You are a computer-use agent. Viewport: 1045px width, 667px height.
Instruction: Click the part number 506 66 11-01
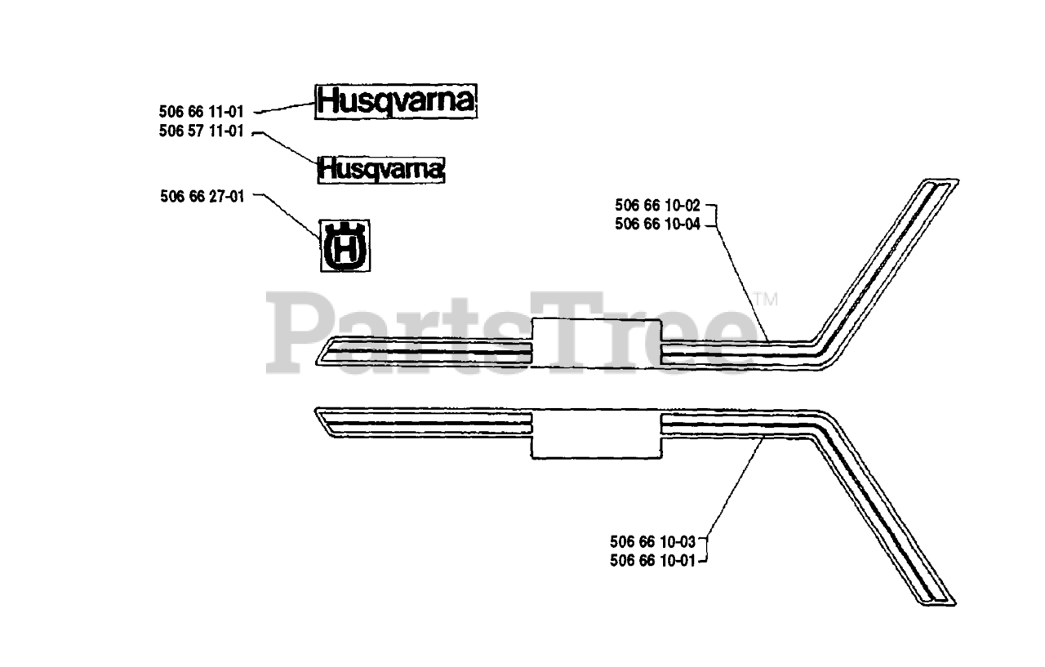(x=201, y=112)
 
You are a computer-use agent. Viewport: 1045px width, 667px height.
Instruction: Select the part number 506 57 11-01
(x=201, y=131)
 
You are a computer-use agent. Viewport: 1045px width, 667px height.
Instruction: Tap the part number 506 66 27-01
(x=202, y=195)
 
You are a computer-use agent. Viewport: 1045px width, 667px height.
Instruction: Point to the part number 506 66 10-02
(x=657, y=206)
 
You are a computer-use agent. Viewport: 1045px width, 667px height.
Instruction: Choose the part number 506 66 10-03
(x=652, y=540)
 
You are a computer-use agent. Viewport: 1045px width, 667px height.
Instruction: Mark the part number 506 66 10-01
(x=652, y=560)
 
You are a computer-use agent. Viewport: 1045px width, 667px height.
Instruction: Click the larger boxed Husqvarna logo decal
(x=396, y=101)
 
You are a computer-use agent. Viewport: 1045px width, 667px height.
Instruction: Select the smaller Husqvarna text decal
(x=381, y=169)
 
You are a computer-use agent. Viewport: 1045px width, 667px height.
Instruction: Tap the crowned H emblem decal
(x=344, y=245)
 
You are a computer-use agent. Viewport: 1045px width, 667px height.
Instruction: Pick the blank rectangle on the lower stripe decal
(x=596, y=434)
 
